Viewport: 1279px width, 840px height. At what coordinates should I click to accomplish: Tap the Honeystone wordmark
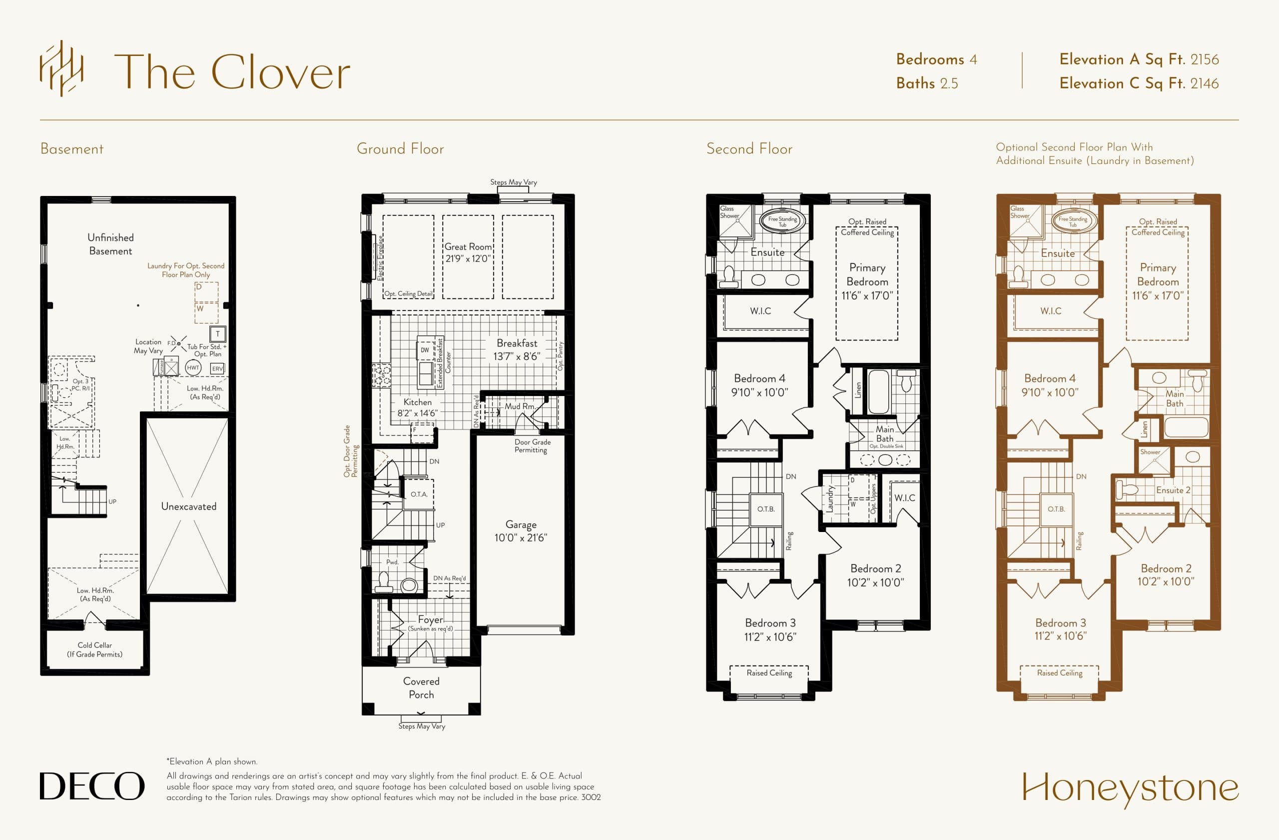pyautogui.click(x=1130, y=788)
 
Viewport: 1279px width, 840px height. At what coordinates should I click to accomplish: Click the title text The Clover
pyautogui.click(x=232, y=72)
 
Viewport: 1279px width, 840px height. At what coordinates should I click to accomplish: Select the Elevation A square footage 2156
pyautogui.click(x=1204, y=59)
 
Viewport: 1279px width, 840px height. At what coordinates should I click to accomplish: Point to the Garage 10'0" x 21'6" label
pyautogui.click(x=520, y=531)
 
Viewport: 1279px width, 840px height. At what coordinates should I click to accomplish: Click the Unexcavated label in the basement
pyautogui.click(x=189, y=506)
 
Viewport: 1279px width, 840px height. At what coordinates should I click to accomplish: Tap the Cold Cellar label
pyautogui.click(x=94, y=649)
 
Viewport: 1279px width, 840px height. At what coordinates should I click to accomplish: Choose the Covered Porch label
pyautogui.click(x=421, y=688)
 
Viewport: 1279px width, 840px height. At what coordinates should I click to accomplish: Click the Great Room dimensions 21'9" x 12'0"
pyautogui.click(x=468, y=258)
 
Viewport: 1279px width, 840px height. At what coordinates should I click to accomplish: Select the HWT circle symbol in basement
pyautogui.click(x=193, y=368)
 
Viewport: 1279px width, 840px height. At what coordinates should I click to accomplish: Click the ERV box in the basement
pyautogui.click(x=217, y=369)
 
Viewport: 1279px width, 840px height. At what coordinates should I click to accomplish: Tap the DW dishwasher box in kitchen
pyautogui.click(x=425, y=350)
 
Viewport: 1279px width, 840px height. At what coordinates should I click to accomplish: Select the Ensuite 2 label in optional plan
pyautogui.click(x=1173, y=490)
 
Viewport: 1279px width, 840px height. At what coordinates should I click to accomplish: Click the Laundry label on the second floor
pyautogui.click(x=830, y=498)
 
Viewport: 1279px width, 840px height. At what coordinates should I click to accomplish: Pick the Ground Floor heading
pyautogui.click(x=400, y=149)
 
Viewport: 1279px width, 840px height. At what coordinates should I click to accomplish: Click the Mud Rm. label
pyautogui.click(x=520, y=406)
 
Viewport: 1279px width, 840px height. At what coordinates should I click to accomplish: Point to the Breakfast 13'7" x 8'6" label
pyautogui.click(x=517, y=350)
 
